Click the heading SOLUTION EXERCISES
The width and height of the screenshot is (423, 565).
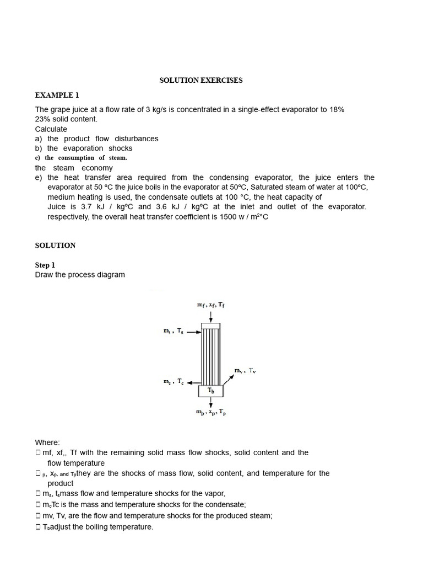pos(200,80)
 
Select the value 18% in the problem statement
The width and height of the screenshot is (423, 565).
pos(335,109)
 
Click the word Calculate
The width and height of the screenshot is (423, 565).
pos(51,129)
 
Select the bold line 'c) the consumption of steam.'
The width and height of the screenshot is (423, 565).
pos(81,158)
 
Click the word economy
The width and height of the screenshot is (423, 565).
pos(97,168)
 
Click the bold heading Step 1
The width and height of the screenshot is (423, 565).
pos(45,265)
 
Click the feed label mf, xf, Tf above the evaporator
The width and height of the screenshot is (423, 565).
pos(211,305)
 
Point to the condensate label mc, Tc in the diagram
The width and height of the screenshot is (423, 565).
pos(173,381)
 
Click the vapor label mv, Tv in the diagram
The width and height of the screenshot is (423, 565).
pos(245,370)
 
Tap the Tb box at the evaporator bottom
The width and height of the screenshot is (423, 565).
pos(211,391)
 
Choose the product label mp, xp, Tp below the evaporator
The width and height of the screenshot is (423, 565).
pos(211,412)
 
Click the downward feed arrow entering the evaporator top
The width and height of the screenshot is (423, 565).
pos(211,316)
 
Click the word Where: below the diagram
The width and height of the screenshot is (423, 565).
pos(47,442)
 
